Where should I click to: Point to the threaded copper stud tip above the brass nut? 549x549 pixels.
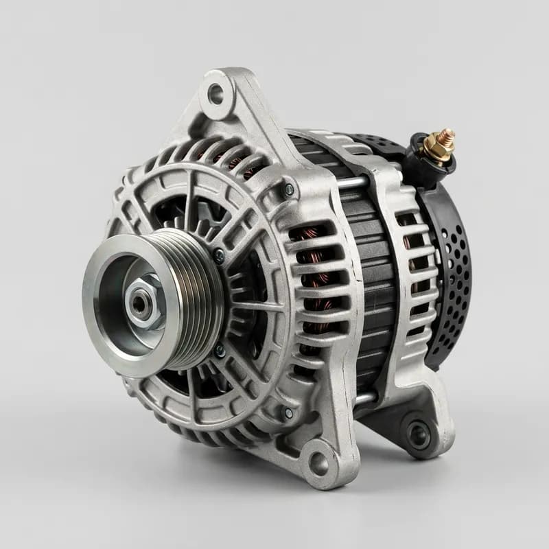(448, 133)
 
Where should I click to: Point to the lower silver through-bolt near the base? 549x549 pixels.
(363, 397)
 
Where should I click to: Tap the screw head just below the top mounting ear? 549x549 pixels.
(289, 189)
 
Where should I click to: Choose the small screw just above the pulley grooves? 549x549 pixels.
(218, 255)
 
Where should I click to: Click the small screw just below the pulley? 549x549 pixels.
(220, 351)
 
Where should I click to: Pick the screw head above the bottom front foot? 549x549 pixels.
(288, 413)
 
